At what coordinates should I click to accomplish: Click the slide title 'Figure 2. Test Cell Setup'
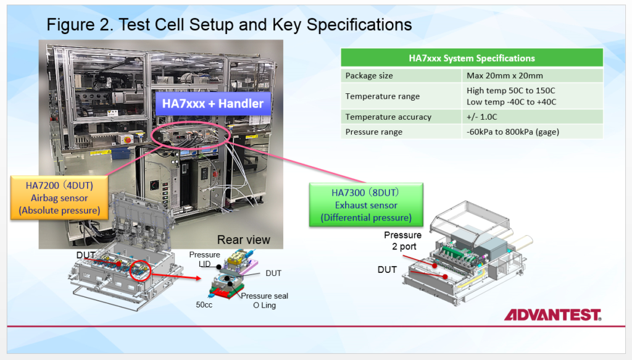click(x=229, y=25)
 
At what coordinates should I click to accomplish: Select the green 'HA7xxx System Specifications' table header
click(x=472, y=58)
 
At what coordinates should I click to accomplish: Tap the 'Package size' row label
click(x=369, y=75)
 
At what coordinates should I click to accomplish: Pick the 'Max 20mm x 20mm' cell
click(x=505, y=75)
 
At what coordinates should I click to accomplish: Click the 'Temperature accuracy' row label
click(x=388, y=117)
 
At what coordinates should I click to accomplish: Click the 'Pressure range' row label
click(x=374, y=132)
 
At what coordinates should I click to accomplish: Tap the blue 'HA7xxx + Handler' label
click(x=212, y=104)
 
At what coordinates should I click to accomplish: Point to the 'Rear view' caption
click(x=243, y=240)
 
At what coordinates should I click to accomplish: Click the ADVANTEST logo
click(x=552, y=315)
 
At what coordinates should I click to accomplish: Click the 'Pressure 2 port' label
click(x=402, y=241)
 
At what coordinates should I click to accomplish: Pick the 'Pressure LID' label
click(x=204, y=259)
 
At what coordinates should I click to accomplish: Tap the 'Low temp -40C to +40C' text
click(x=512, y=102)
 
